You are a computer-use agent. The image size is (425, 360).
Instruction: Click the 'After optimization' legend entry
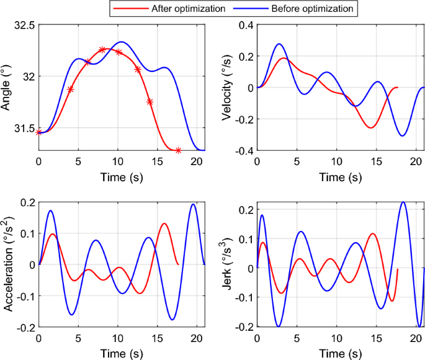pos(168,8)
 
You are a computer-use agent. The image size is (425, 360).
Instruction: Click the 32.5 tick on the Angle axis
pos(24,25)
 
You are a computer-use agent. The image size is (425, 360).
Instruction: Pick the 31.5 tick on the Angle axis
pos(24,128)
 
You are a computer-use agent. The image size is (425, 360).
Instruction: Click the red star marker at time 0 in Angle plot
pos(39,132)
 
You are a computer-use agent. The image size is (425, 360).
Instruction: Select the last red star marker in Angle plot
pos(178,150)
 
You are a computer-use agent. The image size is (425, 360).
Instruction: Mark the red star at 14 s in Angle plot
pos(150,102)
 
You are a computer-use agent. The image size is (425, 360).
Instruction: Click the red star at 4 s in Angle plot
pos(70,89)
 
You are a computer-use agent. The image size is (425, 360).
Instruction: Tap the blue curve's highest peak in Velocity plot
pos(279,44)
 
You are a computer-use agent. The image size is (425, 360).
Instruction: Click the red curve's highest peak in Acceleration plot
pos(164,223)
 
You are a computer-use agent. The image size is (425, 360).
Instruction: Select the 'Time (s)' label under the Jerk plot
pos(340,353)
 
